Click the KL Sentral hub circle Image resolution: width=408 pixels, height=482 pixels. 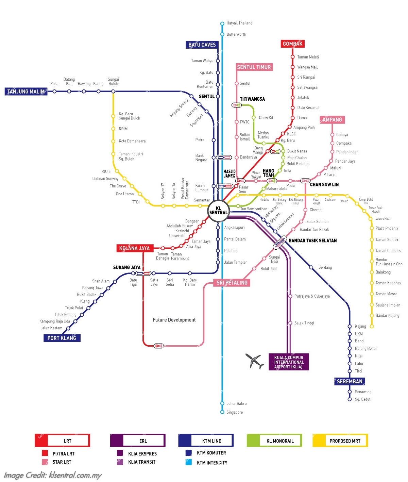click(x=218, y=211)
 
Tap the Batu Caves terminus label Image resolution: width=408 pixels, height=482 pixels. click(x=202, y=45)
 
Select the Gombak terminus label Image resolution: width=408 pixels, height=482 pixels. click(x=292, y=44)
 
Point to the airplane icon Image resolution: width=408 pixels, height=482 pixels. click(x=255, y=361)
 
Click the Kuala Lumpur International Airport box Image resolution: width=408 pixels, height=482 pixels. click(x=289, y=362)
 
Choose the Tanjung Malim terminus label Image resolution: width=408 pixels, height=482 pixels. click(x=26, y=92)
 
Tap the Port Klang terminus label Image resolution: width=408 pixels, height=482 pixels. click(x=62, y=338)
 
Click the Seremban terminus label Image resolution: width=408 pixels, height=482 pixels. click(x=350, y=381)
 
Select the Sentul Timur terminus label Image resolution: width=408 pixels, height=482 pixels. click(x=254, y=67)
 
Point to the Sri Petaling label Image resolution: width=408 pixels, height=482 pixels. click(x=232, y=283)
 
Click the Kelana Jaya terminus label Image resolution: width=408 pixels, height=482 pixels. click(x=134, y=248)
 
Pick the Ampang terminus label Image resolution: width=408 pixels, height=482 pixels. click(x=332, y=120)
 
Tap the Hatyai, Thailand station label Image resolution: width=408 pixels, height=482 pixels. click(x=239, y=23)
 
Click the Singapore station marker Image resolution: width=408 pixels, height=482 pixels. click(x=222, y=412)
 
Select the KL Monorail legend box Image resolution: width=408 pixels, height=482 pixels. click(x=274, y=441)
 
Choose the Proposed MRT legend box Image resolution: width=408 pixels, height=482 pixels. click(x=340, y=441)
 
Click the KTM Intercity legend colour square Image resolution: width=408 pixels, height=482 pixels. click(x=189, y=462)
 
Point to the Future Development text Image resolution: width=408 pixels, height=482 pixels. click(x=174, y=320)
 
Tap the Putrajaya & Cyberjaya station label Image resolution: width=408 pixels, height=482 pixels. click(x=312, y=296)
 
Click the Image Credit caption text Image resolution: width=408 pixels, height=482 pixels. click(x=53, y=475)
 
